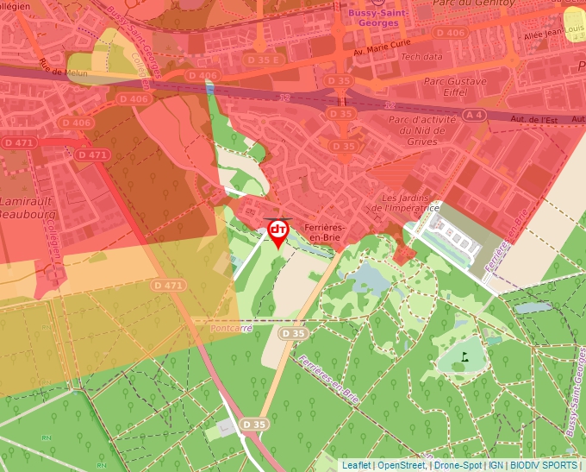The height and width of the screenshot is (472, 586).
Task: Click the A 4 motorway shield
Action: tap(473, 115)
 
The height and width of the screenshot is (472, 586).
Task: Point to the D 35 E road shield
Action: tap(265, 60)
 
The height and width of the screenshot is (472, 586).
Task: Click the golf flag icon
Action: tap(464, 355)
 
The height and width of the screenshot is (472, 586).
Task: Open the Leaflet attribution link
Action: tap(356, 465)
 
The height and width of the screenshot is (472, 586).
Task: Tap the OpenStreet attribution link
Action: tap(401, 465)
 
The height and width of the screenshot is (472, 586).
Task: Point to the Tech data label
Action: tap(422, 56)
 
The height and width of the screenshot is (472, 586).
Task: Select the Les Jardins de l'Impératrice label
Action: tap(411, 203)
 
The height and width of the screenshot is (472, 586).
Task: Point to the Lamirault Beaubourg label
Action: tap(28, 206)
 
